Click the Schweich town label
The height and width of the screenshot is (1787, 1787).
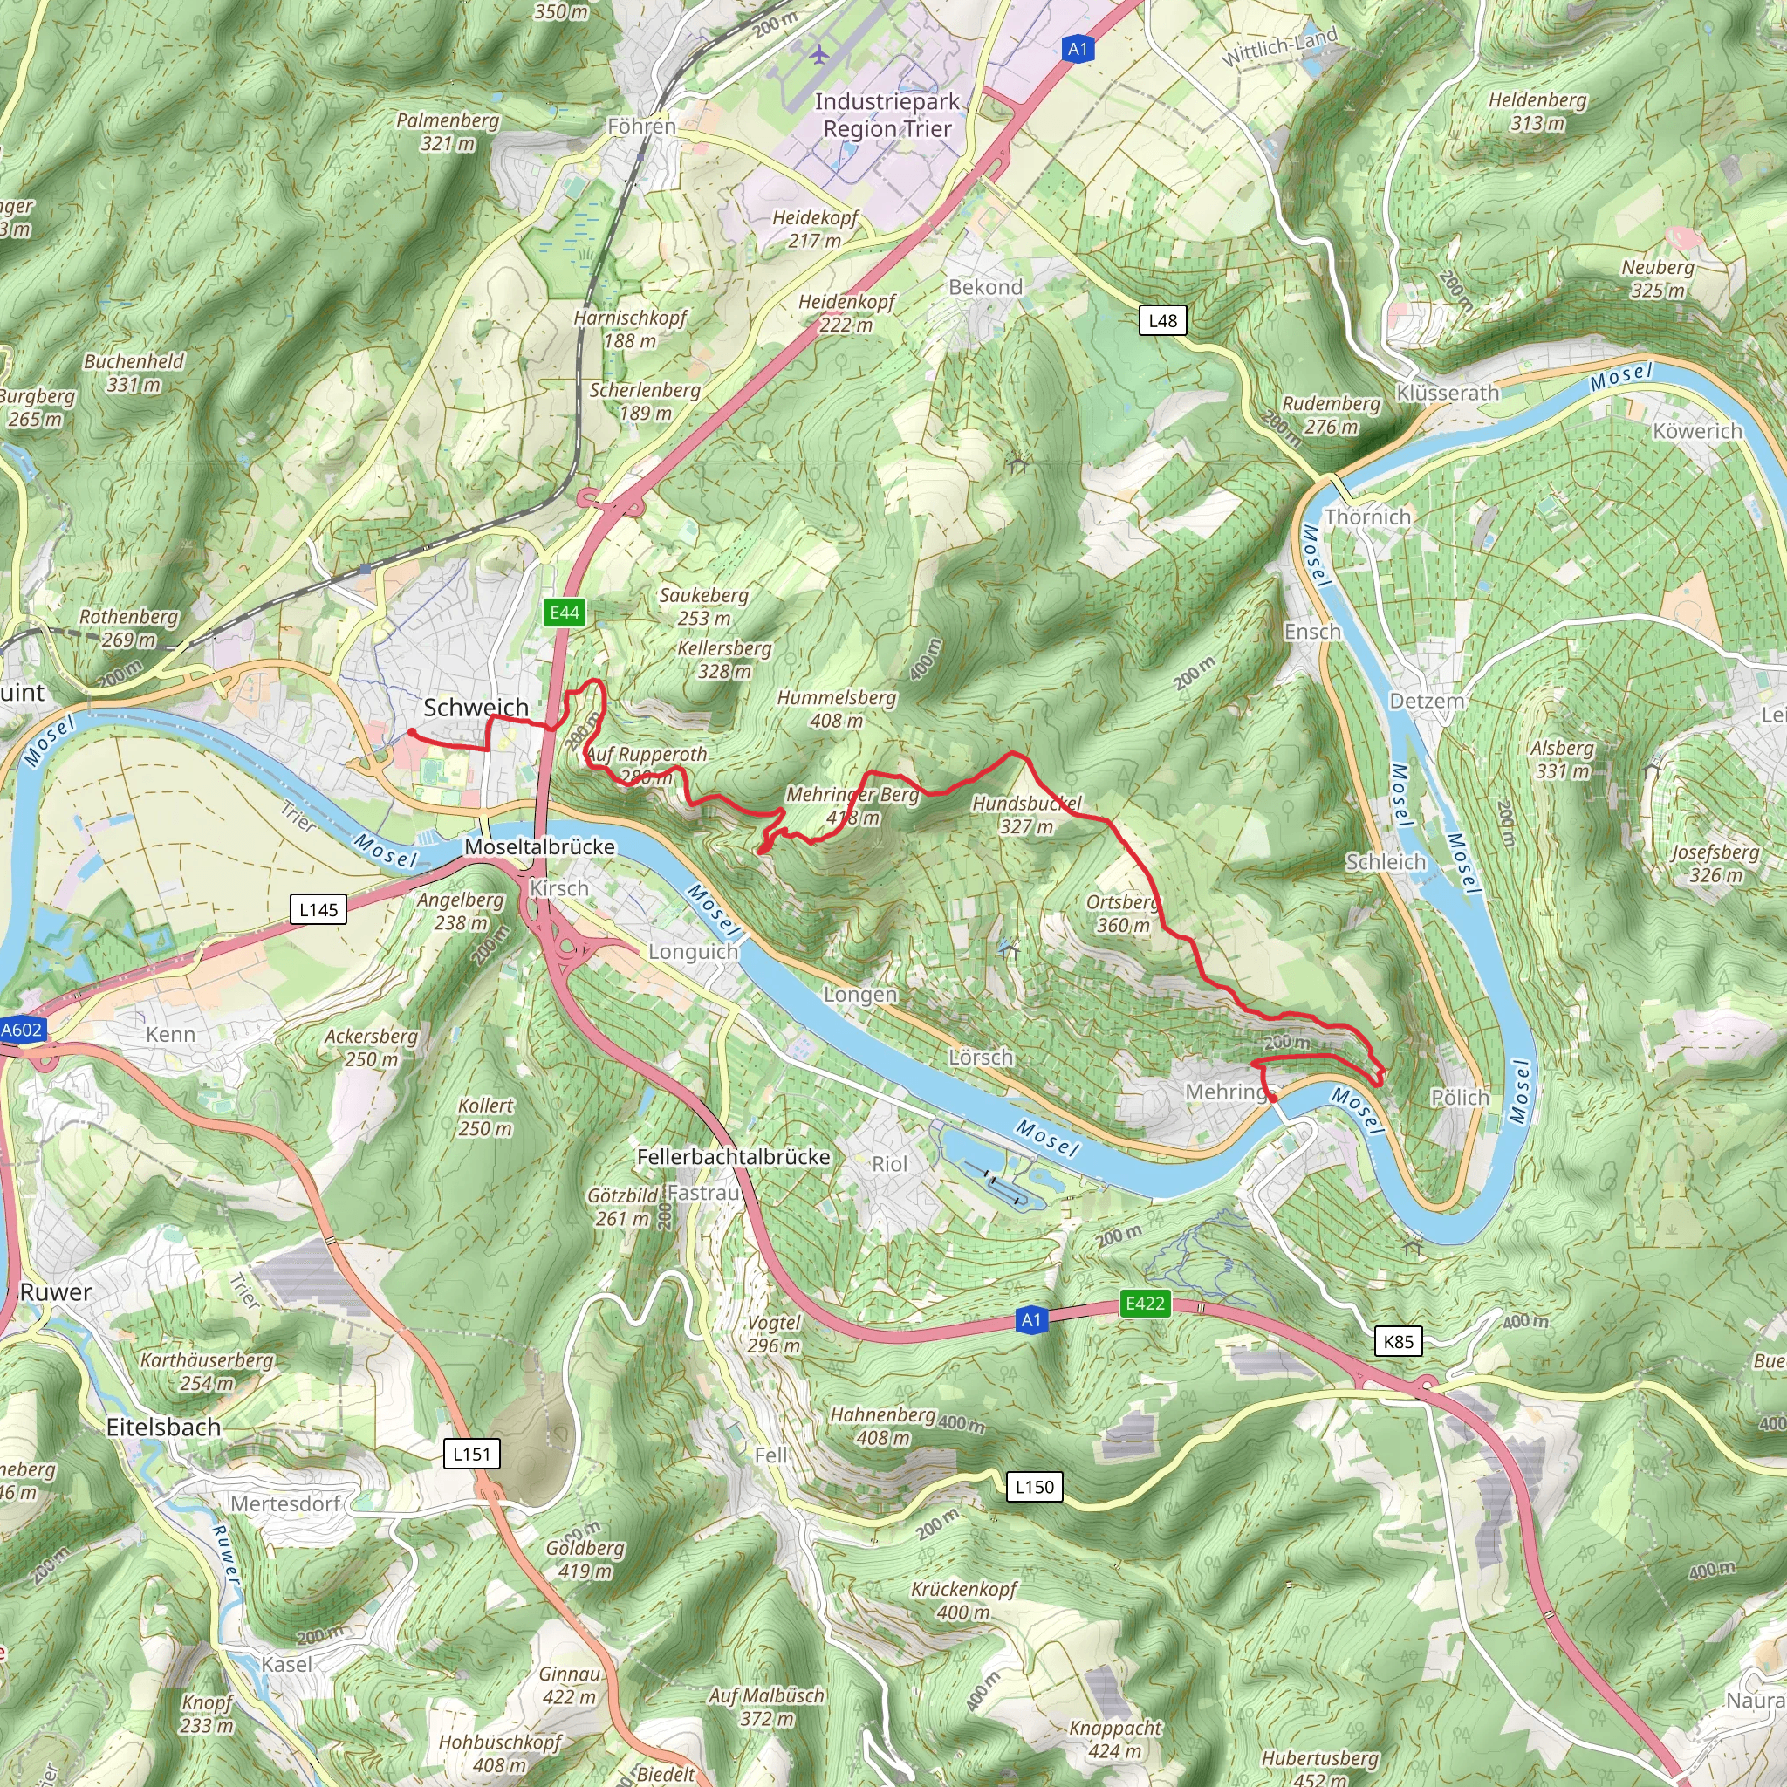coord(476,708)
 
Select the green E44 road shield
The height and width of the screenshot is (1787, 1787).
coord(565,613)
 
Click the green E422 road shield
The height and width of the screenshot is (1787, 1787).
coord(1144,1304)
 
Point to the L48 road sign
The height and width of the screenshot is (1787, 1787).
coord(1162,321)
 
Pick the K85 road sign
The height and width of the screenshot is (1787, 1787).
coord(1399,1341)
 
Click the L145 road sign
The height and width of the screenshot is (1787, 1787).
coord(318,909)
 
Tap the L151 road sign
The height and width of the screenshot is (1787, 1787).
coord(472,1453)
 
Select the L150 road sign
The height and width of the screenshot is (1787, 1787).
coord(1034,1486)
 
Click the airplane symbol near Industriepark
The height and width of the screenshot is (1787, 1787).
coord(818,55)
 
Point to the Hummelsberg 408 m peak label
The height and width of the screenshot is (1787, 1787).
coord(837,709)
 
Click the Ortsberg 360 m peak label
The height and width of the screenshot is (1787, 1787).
coord(1123,913)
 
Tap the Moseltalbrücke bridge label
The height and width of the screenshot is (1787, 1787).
coord(539,846)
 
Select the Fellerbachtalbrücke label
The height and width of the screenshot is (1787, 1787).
coord(734,1156)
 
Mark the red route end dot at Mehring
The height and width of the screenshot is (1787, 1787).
coord(1273,1098)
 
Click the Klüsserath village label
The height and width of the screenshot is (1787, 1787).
coord(1448,392)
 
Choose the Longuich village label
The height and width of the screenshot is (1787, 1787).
coord(693,951)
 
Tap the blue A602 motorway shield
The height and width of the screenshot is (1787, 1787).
coord(20,1030)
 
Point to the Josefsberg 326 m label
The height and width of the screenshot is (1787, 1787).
coord(1715,862)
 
